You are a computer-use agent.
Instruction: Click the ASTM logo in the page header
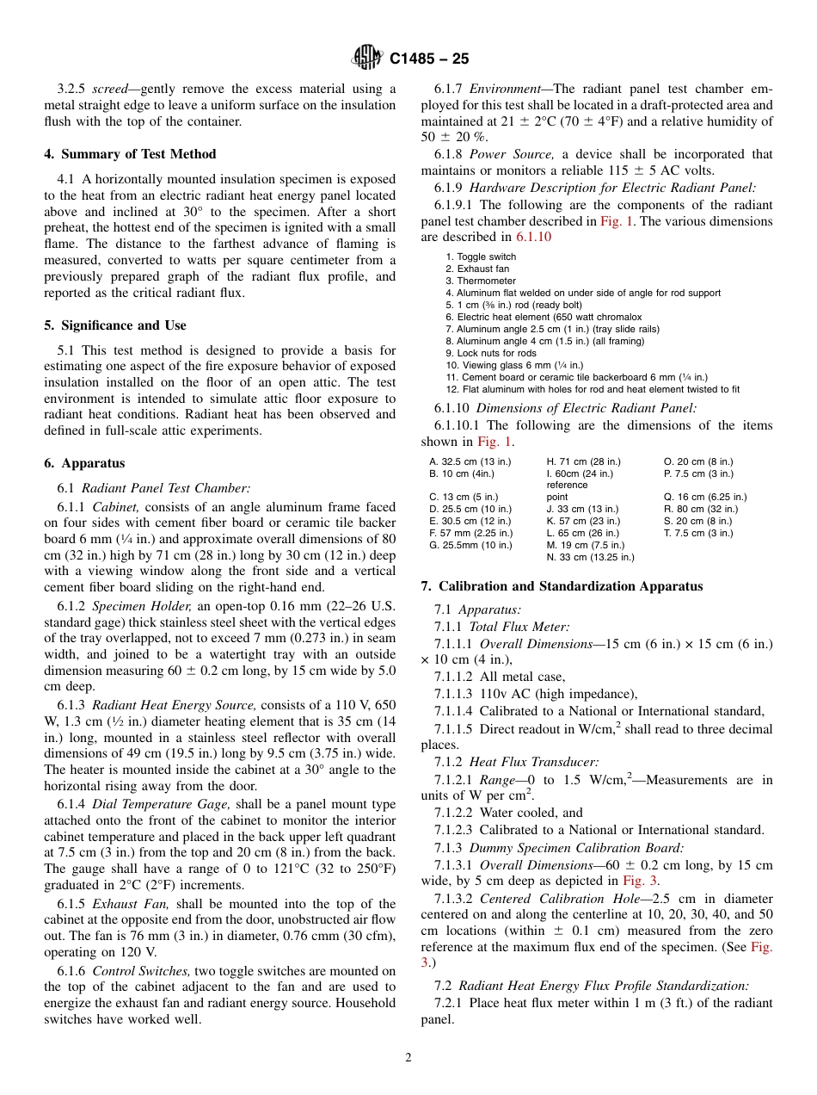[367, 58]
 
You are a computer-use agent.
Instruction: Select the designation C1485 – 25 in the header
[429, 59]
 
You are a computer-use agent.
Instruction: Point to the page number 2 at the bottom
[408, 1057]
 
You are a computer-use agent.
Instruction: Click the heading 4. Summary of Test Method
[130, 154]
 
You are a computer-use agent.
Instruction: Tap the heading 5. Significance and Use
[114, 325]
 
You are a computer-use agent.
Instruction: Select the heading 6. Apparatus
[84, 463]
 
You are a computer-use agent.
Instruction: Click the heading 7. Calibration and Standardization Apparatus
[562, 586]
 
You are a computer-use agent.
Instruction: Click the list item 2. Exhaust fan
[477, 269]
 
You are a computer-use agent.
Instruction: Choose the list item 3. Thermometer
[481, 281]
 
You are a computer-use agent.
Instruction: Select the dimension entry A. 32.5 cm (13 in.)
[470, 461]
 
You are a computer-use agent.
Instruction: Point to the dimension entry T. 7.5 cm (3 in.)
[698, 533]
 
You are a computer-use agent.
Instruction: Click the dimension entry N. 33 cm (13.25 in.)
[590, 557]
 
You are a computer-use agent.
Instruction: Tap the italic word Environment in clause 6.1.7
[509, 89]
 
